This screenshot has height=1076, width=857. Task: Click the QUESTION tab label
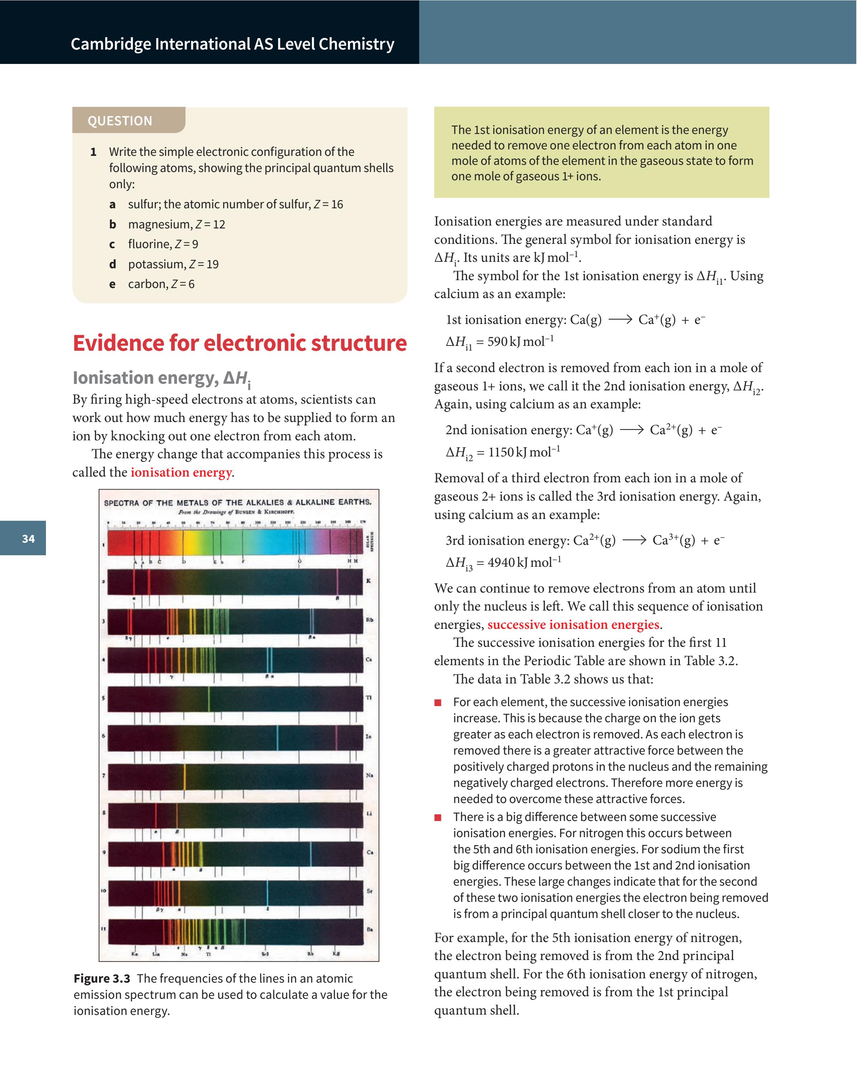pyautogui.click(x=120, y=121)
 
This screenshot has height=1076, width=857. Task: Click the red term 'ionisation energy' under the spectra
pyautogui.click(x=181, y=472)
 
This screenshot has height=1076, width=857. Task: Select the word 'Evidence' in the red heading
pyautogui.click(x=118, y=343)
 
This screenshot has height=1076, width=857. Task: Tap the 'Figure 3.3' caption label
pyautogui.click(x=102, y=978)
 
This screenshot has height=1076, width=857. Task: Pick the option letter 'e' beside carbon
pyautogui.click(x=112, y=284)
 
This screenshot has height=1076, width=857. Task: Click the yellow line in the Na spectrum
pyautogui.click(x=184, y=776)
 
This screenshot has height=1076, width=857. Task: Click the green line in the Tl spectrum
pyautogui.click(x=209, y=699)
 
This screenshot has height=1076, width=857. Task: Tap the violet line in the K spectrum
pyautogui.click(x=338, y=582)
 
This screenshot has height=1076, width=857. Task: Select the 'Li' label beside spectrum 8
pyautogui.click(x=369, y=814)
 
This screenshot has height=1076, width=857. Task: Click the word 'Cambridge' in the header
pyautogui.click(x=111, y=44)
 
